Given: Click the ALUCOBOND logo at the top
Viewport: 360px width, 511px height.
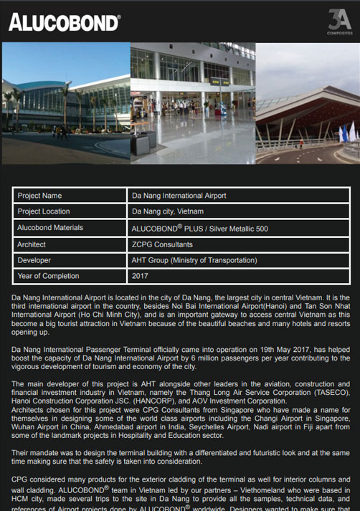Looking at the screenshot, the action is (x=64, y=22).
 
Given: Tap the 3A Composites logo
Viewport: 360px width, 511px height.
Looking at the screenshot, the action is (x=339, y=22).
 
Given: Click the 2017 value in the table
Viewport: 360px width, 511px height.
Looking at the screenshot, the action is (x=140, y=276).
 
